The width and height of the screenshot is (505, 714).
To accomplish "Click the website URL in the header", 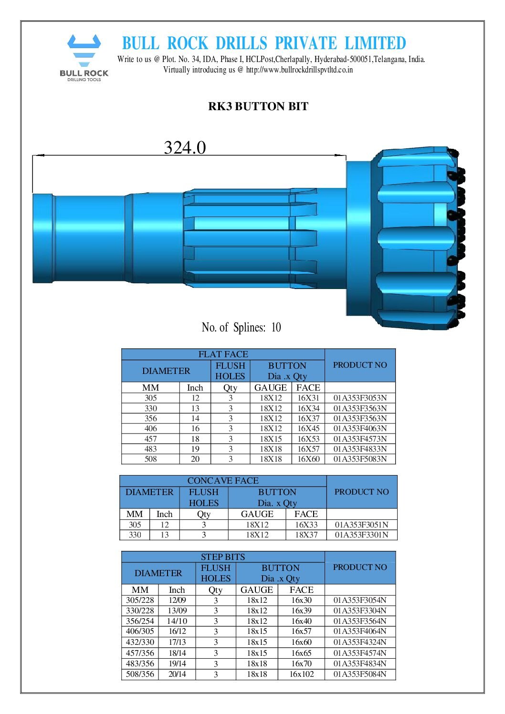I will (299, 70).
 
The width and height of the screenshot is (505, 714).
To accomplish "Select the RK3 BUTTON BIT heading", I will (258, 106).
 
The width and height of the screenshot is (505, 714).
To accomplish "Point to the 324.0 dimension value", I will (185, 147).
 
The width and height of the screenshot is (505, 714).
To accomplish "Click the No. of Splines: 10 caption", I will (241, 327).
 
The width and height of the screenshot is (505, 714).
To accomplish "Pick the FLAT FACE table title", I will (223, 354).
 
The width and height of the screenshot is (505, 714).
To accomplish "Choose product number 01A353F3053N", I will (360, 398).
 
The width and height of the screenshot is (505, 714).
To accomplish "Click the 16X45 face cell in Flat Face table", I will (308, 428).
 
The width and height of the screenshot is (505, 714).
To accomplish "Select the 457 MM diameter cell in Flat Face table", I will (150, 439).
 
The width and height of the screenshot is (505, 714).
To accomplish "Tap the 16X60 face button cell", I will (308, 459).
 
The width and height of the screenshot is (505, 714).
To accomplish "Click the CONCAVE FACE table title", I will (222, 481).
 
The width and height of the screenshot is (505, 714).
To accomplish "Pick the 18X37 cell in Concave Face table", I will (306, 535).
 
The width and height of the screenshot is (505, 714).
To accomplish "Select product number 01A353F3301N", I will (361, 535).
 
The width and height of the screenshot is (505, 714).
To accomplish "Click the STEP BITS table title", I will (222, 557).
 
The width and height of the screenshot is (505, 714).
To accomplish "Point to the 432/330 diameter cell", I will (140, 642).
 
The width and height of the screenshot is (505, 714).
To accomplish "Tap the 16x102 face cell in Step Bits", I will (301, 674).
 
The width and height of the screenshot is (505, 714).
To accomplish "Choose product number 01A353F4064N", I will (360, 631).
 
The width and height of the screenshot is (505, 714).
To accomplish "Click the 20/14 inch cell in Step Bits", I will (177, 674).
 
